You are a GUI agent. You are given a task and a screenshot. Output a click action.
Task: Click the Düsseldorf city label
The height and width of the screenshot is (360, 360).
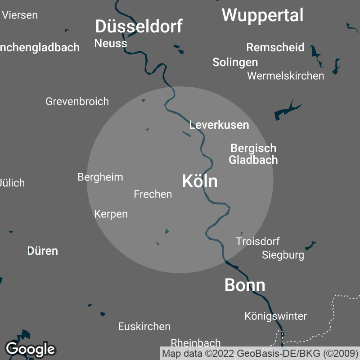coord(139,27)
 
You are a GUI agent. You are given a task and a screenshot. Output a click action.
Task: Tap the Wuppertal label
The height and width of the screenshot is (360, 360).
coord(262,15)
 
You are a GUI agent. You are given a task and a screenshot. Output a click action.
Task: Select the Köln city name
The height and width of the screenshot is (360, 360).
coord(200,181)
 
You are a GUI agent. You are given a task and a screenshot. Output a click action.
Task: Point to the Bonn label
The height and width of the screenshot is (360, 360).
coord(245,285)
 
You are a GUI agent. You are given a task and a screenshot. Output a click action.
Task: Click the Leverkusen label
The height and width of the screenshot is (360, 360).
coord(219,125)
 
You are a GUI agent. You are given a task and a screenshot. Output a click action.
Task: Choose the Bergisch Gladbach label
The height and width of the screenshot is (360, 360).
coord(253,154)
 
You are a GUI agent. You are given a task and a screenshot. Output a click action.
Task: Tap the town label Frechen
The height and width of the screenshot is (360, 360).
coord(153,194)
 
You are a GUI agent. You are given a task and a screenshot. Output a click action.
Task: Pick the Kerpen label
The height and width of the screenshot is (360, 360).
coord(111,214)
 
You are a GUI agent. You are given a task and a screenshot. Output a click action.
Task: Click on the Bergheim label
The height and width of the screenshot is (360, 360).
coord(100,177)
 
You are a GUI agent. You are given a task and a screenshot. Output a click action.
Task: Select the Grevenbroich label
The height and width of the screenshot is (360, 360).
coord(77,101)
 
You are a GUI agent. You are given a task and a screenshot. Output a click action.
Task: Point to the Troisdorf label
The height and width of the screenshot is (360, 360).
coord(258,241)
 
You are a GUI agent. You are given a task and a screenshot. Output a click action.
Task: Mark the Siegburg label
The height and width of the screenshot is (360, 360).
coord(283,255)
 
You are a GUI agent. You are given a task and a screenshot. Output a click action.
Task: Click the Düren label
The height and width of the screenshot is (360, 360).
coord(43,251)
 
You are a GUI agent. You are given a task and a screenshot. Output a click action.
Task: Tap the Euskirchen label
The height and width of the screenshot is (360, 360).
coord(144,326)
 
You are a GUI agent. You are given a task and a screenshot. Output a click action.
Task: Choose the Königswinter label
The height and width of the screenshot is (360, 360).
coord(275,316)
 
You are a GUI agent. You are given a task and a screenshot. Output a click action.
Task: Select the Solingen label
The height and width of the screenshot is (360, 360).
coord(235,62)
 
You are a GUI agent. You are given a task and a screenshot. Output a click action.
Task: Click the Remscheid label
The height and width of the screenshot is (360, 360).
coord(275,47)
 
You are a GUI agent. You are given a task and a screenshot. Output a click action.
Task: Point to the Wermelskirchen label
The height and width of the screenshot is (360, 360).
coord(285,76)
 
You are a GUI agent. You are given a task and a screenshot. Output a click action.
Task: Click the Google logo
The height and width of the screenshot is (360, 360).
coord(30,349)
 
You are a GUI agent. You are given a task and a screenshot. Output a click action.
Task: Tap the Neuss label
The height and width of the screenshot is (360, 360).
coord(111,43)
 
